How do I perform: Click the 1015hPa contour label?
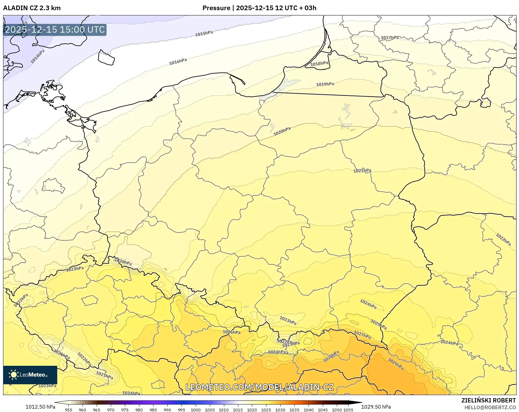[204, 33]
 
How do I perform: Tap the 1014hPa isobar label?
[38, 56]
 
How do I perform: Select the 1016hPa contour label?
[178, 62]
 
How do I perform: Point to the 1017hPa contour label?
[390, 38]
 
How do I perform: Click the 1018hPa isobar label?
[319, 63]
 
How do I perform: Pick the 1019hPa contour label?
[325, 84]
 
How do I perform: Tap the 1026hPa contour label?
[232, 332]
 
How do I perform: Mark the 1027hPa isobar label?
[362, 335]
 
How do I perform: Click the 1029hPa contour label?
[396, 364]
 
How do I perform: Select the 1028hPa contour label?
[331, 356]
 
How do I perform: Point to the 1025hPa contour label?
[378, 324]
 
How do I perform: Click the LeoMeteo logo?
[30, 375]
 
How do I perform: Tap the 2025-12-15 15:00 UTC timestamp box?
[55, 30]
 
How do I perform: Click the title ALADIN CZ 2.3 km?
[32, 8]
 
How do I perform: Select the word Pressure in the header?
[216, 8]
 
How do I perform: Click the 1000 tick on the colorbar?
[196, 410]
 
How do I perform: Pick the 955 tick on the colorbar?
[69, 410]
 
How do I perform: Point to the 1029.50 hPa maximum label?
[376, 407]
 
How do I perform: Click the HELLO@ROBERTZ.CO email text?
[490, 407]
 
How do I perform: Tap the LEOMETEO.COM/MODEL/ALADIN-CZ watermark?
[260, 387]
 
